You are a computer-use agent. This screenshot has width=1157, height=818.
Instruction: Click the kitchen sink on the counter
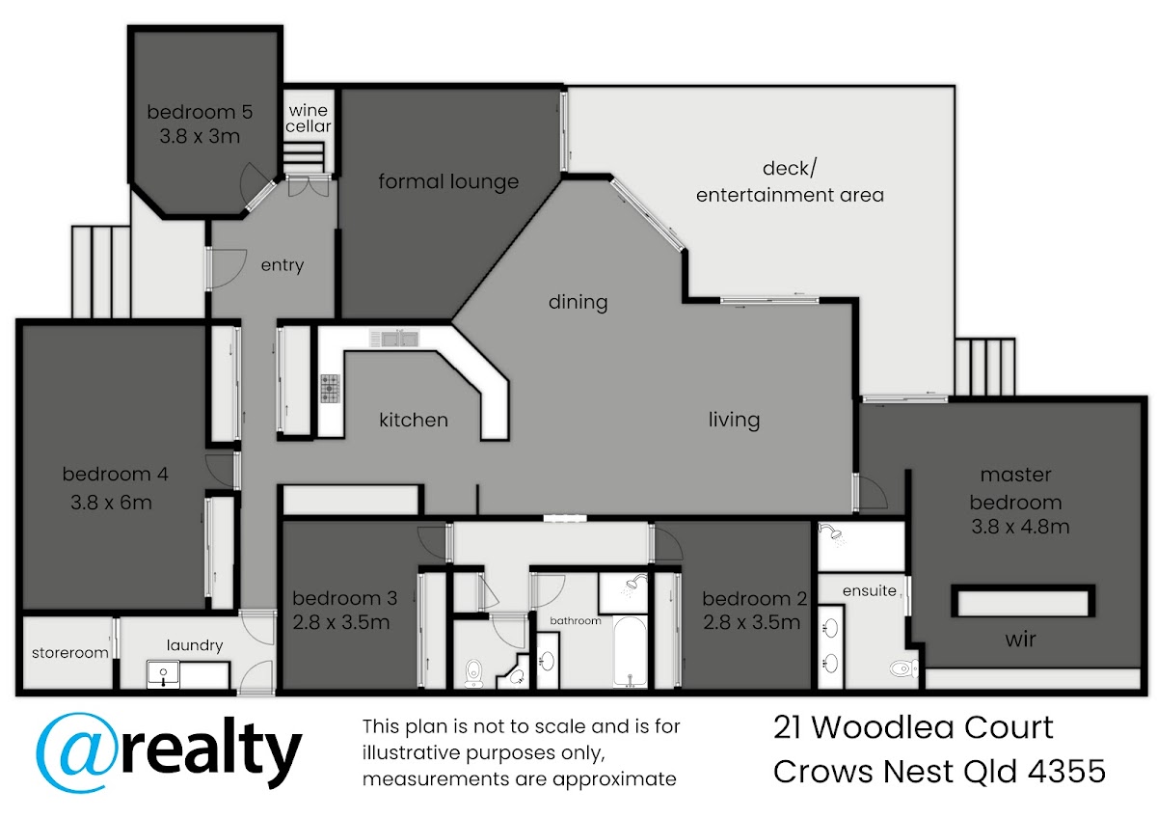394,339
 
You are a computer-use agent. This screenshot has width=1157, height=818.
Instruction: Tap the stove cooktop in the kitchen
331,388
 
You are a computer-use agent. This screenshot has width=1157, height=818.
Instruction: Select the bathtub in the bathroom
630,651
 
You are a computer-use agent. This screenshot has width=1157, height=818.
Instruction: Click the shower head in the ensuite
833,533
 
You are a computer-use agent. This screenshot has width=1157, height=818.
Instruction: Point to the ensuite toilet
904,668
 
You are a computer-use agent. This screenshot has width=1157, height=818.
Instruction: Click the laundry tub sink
163,674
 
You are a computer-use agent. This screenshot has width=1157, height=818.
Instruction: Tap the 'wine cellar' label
309,118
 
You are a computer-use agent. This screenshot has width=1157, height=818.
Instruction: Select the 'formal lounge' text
448,182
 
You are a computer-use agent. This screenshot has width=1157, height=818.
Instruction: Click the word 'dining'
578,302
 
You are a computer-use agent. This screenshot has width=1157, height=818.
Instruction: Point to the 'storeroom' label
70,653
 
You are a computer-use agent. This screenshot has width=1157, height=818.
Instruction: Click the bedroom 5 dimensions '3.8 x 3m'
200,136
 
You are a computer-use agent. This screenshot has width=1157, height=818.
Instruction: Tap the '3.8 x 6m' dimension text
111,503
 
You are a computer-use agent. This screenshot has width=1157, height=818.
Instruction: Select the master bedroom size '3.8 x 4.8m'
1020,527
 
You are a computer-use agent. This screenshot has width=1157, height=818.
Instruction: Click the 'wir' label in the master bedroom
1020,640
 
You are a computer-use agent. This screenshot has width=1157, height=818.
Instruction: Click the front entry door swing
228,268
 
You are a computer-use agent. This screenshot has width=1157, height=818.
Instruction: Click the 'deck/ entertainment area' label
790,182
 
